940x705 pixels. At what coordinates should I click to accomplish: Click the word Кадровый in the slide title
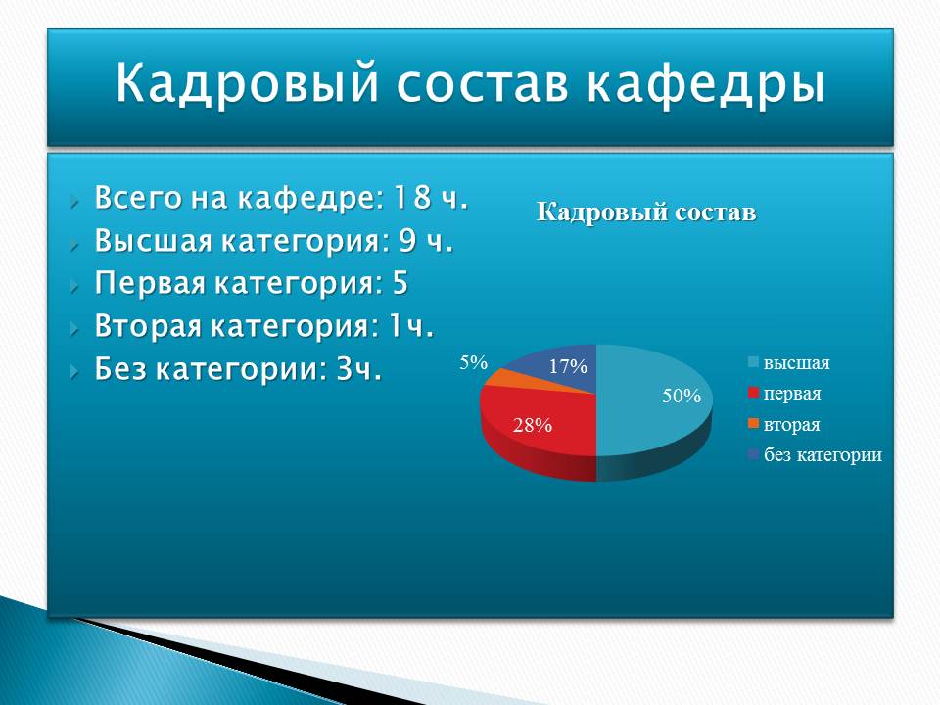(x=247, y=83)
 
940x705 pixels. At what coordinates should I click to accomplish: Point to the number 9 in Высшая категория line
(x=407, y=240)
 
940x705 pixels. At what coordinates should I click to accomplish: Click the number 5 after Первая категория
(x=399, y=282)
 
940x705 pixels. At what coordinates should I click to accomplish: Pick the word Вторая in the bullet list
(x=148, y=326)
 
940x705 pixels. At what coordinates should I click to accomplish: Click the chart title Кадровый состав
(x=646, y=211)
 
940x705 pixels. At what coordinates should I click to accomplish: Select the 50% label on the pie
(x=681, y=396)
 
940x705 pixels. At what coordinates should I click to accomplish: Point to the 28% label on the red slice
(x=533, y=425)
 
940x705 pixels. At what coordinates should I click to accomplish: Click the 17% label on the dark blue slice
(x=568, y=365)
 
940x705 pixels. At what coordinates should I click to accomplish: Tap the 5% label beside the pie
(x=474, y=362)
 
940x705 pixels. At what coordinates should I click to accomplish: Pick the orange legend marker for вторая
(x=754, y=424)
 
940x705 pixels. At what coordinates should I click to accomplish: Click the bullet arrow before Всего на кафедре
(x=74, y=201)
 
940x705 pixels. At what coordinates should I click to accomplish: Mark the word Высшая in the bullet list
(x=153, y=241)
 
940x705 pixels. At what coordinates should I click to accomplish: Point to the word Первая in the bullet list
(x=150, y=283)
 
